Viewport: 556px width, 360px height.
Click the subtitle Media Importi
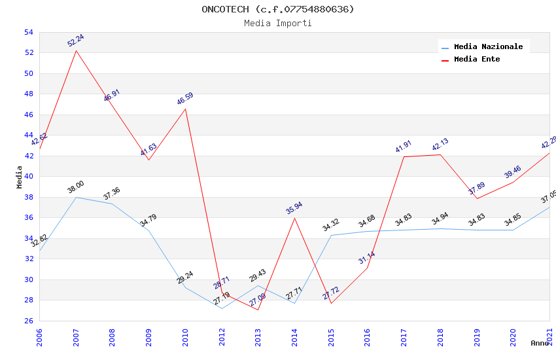click(x=278, y=23)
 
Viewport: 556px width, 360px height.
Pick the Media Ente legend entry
click(x=477, y=60)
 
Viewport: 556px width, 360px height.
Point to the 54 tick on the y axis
click(x=29, y=32)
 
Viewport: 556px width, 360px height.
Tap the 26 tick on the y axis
click(x=29, y=321)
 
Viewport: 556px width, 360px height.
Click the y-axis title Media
click(x=20, y=177)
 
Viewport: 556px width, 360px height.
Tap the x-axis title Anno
click(x=540, y=343)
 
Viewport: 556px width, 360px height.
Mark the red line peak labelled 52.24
click(x=76, y=50)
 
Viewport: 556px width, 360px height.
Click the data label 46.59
click(x=185, y=99)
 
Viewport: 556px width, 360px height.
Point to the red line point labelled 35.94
click(x=294, y=218)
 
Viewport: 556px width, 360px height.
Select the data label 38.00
click(x=76, y=187)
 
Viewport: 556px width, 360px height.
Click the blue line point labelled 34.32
click(x=331, y=235)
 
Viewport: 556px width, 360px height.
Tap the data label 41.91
click(x=404, y=147)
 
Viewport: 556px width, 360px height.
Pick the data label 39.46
click(x=513, y=172)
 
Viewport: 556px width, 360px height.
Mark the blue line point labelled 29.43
click(x=258, y=285)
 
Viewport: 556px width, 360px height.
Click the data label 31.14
click(x=367, y=258)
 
